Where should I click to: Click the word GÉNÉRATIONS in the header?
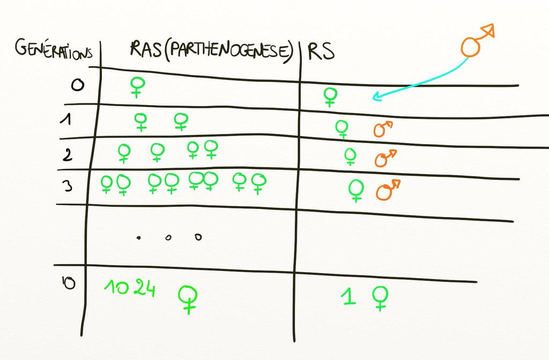[54, 50]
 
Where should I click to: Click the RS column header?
[321, 51]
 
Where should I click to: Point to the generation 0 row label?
[77, 85]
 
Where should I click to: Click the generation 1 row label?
[66, 119]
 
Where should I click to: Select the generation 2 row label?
[68, 154]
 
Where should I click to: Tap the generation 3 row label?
[67, 185]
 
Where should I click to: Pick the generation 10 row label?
[69, 283]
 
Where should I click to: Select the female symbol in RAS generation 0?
[137, 87]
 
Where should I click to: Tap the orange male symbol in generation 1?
[383, 129]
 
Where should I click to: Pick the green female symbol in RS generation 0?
[330, 97]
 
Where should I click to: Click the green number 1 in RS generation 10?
[348, 296]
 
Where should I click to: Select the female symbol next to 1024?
[188, 299]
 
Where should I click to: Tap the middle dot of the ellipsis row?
[168, 238]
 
